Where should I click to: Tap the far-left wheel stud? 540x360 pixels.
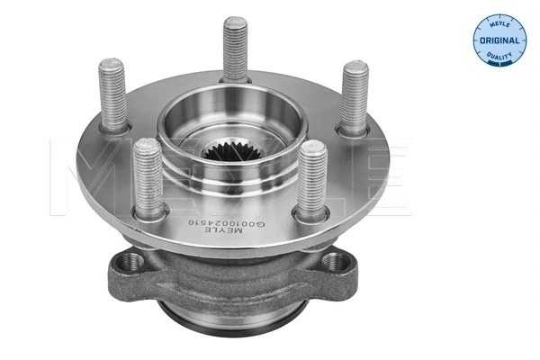tap(114, 94)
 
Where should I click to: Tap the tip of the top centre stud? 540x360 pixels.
tap(237, 21)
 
